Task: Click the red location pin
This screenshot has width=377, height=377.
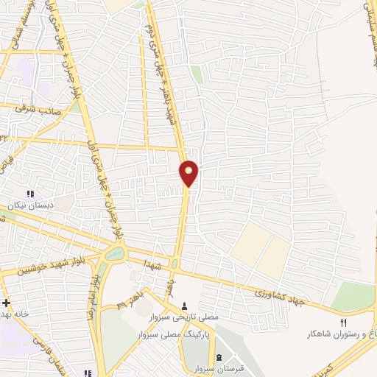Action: [x=188, y=174]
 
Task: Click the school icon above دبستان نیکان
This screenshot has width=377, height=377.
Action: [x=30, y=194]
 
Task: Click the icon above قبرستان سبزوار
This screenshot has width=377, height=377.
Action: [x=219, y=357]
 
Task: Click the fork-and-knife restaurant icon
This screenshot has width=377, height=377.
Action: [x=342, y=321]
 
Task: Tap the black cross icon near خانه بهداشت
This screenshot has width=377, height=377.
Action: [x=5, y=303]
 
